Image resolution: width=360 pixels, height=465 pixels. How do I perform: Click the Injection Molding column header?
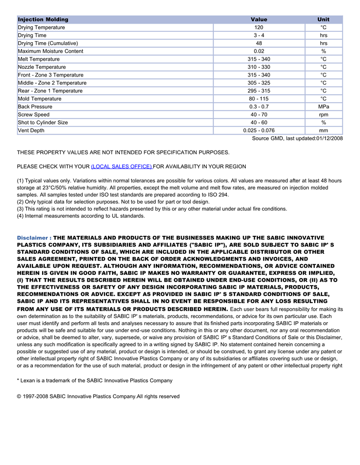click(43, 20)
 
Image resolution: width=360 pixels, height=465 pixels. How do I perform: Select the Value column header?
click(259, 20)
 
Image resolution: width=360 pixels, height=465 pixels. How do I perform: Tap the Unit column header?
click(323, 20)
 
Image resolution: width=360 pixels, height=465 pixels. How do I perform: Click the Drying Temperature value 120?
click(259, 27)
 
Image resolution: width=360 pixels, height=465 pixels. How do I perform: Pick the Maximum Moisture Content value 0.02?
click(259, 51)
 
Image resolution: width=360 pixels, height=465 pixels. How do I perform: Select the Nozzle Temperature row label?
click(42, 67)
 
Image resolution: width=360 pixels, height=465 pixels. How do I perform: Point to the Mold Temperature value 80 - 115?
click(259, 99)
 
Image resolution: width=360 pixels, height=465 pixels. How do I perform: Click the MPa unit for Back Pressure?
click(323, 107)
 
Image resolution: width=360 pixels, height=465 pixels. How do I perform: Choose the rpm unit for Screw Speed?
click(323, 115)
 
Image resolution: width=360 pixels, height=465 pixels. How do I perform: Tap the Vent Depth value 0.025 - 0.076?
click(259, 131)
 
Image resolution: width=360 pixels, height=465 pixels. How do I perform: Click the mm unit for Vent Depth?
click(323, 131)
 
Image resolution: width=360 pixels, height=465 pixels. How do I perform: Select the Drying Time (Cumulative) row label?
click(48, 43)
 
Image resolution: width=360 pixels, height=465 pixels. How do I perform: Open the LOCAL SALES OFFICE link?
click(121, 166)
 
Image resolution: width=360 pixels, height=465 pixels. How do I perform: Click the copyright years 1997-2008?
click(36, 397)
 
